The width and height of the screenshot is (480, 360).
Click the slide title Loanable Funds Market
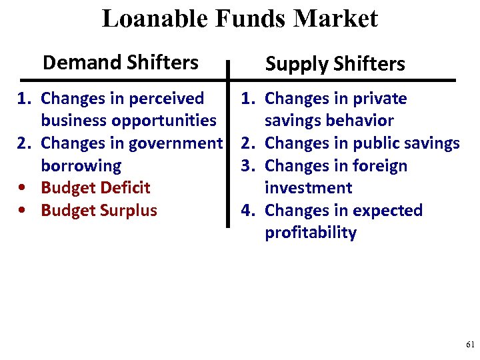pyautogui.click(x=239, y=19)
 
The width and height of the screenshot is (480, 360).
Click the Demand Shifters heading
pyautogui.click(x=120, y=63)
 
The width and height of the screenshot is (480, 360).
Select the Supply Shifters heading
pyautogui.click(x=335, y=64)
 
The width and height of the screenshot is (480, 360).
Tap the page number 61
pyautogui.click(x=470, y=345)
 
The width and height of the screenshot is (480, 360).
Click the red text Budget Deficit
pyautogui.click(x=95, y=188)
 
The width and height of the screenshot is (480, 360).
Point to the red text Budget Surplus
pyautogui.click(x=99, y=211)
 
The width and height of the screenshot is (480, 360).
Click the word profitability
pyautogui.click(x=311, y=233)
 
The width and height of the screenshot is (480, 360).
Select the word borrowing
pyautogui.click(x=81, y=165)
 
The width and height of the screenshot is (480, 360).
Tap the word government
pyautogui.click(x=175, y=143)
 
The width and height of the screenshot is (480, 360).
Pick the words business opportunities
pyautogui.click(x=128, y=121)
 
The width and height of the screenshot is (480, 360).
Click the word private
pyautogui.click(x=379, y=99)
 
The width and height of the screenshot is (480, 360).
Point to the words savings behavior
pyautogui.click(x=329, y=121)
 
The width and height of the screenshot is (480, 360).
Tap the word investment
pyautogui.click(x=307, y=188)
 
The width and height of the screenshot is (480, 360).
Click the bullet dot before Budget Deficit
pyautogui.click(x=23, y=189)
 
